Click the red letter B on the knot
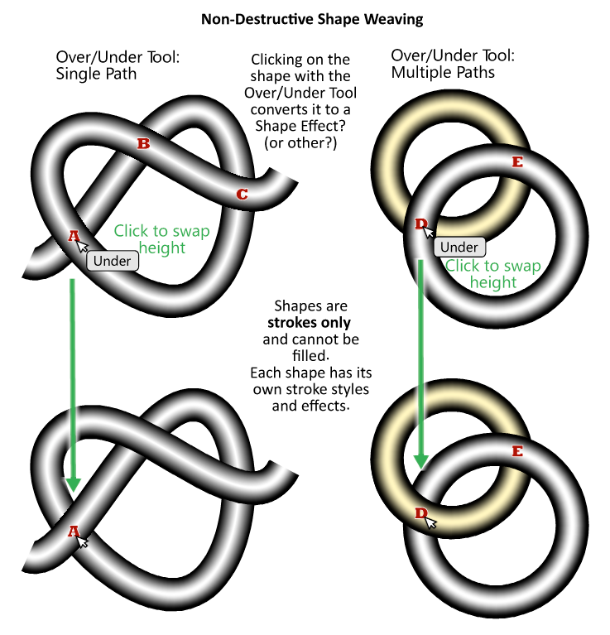[143, 144]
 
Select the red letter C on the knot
[242, 195]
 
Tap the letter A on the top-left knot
[73, 236]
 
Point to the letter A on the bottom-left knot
[73, 531]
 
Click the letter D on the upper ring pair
[420, 224]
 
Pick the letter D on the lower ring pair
[420, 514]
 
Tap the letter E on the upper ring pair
[517, 161]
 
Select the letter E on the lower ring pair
[517, 451]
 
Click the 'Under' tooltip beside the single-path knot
[113, 261]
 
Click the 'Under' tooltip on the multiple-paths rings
[459, 247]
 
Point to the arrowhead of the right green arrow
[421, 460]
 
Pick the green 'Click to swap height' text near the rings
[492, 274]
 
